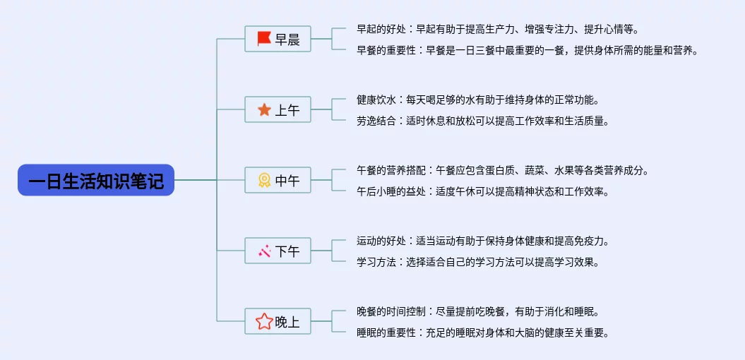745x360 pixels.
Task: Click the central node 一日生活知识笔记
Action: [x=95, y=180]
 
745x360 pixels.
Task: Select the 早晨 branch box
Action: [x=278, y=39]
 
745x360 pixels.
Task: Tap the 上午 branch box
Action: [x=278, y=109]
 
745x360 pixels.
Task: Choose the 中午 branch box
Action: [x=278, y=180]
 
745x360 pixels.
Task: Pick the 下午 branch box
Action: [x=278, y=251]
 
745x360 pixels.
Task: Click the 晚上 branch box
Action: [x=278, y=322]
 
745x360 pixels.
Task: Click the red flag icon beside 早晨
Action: [x=264, y=39]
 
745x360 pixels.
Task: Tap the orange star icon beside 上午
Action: [x=264, y=109]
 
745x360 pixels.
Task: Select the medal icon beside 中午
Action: [x=264, y=180]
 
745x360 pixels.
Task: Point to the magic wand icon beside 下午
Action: [x=264, y=251]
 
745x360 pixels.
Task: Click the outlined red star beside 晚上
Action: [x=264, y=322]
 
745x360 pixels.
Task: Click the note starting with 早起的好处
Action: [x=497, y=29]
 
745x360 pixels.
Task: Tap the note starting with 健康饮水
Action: [x=482, y=100]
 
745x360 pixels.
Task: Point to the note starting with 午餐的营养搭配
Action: [x=502, y=170]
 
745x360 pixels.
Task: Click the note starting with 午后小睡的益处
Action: [x=482, y=191]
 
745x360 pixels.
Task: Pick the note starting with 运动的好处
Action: [x=482, y=241]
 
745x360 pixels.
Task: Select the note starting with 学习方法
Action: [x=477, y=262]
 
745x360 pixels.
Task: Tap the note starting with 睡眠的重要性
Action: [x=482, y=332]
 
